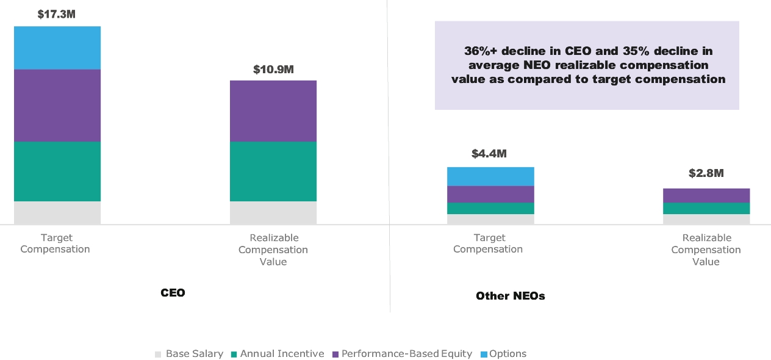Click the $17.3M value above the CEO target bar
click(x=56, y=13)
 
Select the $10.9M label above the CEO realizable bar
click(x=273, y=70)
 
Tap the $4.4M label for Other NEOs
click(x=489, y=154)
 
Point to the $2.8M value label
click(x=706, y=173)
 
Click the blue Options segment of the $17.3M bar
click(x=57, y=48)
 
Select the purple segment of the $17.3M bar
click(x=57, y=106)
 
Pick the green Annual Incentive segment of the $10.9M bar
click(x=273, y=171)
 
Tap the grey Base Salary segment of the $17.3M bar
click(x=57, y=213)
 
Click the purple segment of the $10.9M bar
click(x=273, y=111)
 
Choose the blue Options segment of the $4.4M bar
click(x=490, y=176)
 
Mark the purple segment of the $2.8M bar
click(x=706, y=195)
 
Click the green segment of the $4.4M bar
click(x=490, y=208)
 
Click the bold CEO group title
click(x=173, y=293)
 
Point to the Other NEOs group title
click(x=511, y=296)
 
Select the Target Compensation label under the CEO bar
click(x=56, y=243)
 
